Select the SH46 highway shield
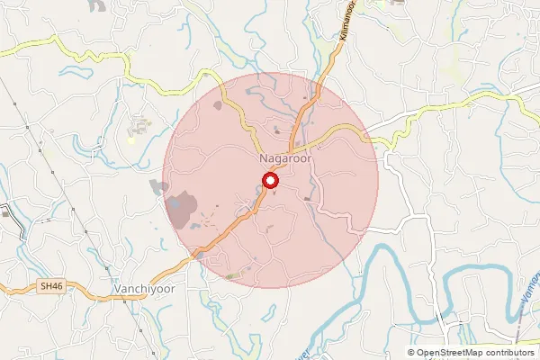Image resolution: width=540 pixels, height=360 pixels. pyautogui.click(x=51, y=286)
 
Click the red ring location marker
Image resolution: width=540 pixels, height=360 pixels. pyautogui.click(x=270, y=182)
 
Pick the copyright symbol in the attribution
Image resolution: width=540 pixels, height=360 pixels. pyautogui.click(x=411, y=353)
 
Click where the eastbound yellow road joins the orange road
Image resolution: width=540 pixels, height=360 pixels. pyautogui.click(x=290, y=151)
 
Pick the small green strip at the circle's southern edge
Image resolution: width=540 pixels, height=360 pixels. pyautogui.click(x=234, y=275)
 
